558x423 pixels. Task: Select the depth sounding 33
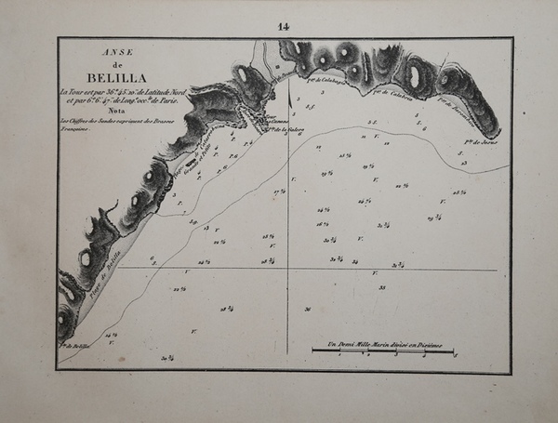(x=381, y=287)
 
